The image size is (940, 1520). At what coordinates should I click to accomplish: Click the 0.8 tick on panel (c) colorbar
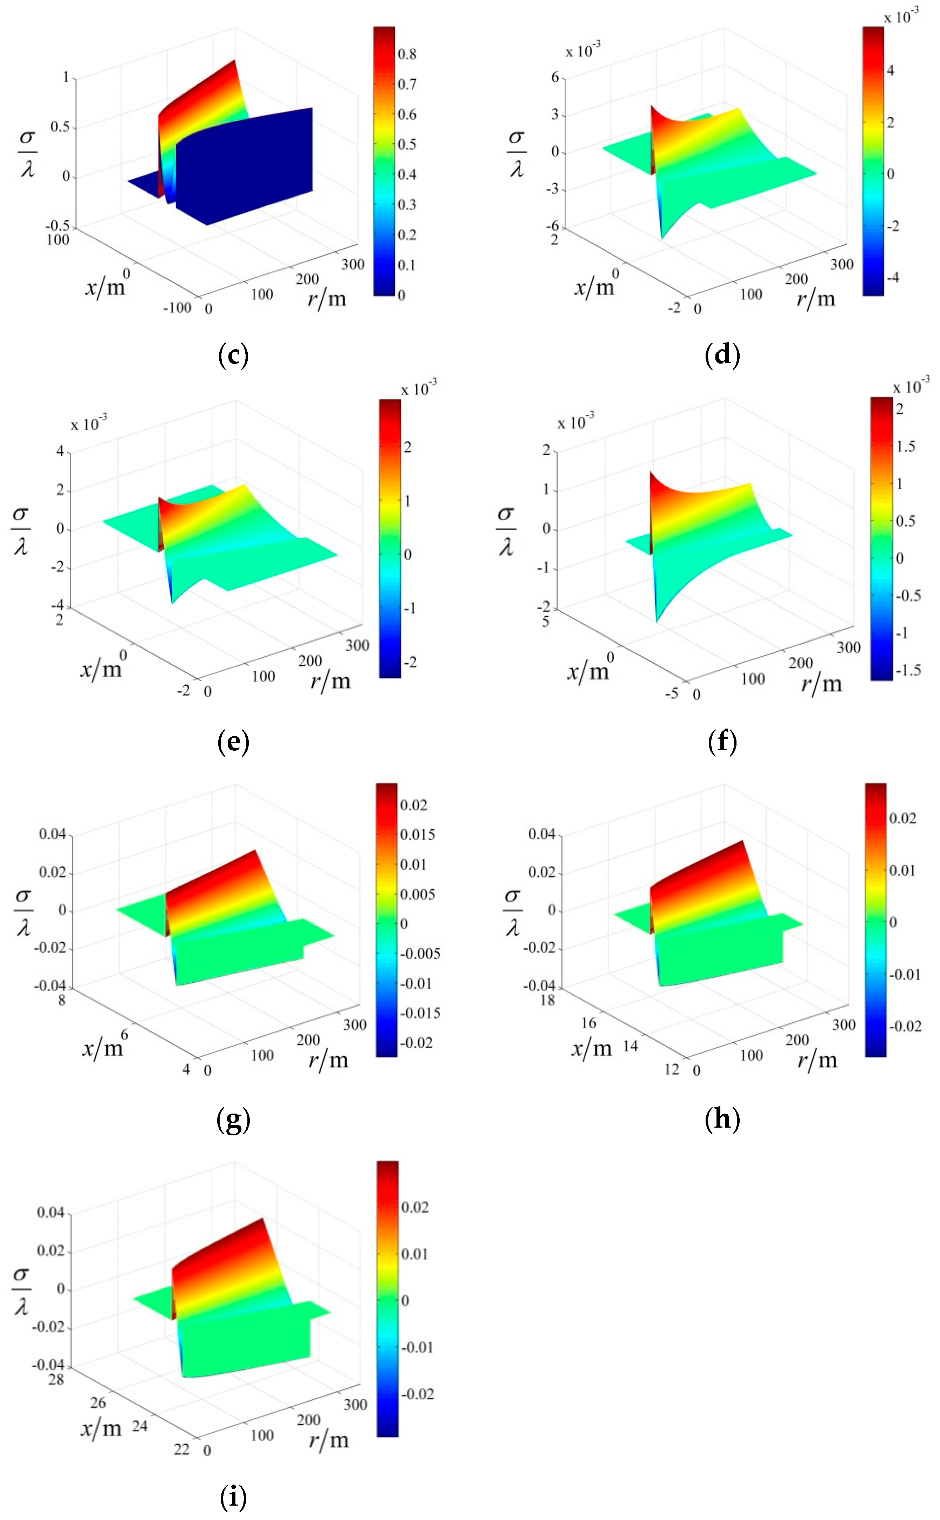[407, 54]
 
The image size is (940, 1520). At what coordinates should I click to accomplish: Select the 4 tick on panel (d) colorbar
[890, 70]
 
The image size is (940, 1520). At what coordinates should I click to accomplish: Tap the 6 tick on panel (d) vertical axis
[555, 77]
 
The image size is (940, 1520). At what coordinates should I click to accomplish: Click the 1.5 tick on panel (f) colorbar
[905, 446]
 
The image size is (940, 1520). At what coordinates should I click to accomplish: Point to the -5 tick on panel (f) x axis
[672, 693]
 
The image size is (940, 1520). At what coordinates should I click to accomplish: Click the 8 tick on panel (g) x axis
[61, 1000]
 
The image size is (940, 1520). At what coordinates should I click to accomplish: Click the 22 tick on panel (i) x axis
[181, 1450]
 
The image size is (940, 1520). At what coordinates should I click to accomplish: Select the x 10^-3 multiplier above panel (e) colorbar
[418, 389]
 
